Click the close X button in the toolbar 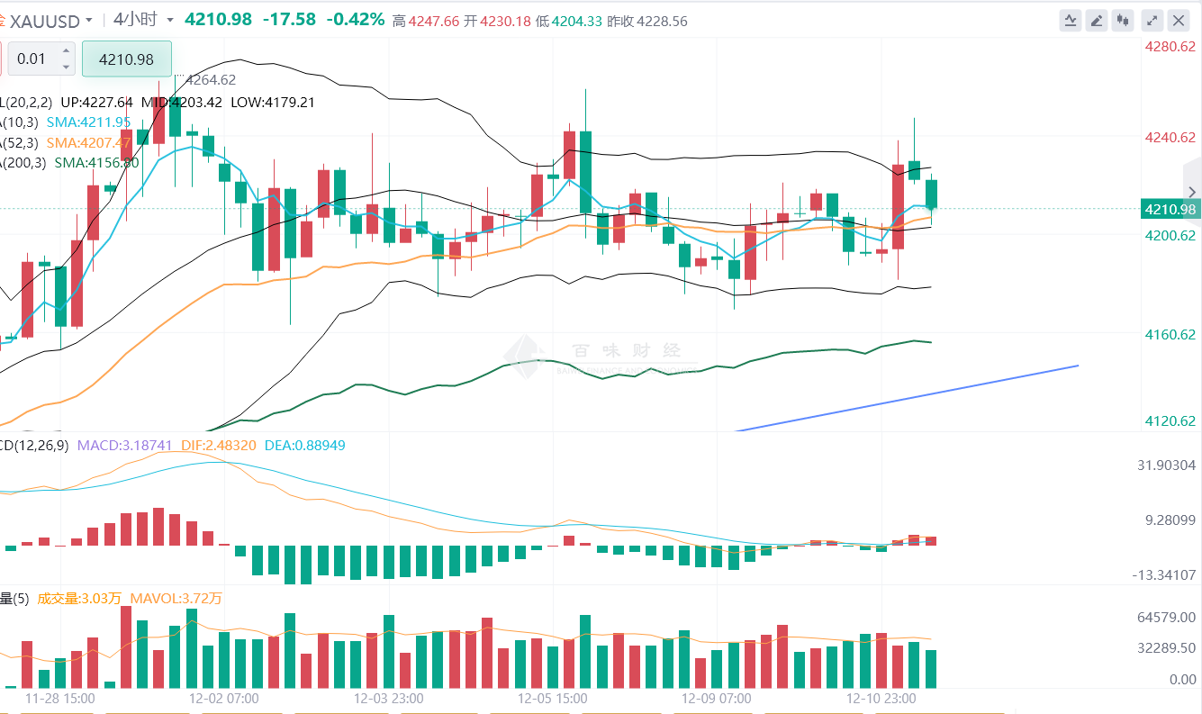point(1179,20)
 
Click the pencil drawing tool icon point(1096,20)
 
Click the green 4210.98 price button point(126,59)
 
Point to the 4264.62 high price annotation point(210,80)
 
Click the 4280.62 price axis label point(1170,46)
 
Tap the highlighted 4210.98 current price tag point(1170,210)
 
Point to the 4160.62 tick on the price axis point(1170,334)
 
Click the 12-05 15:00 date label point(552,698)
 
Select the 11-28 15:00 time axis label point(59,698)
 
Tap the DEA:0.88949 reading point(304,445)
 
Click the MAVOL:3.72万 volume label point(176,598)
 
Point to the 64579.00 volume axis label point(1167,617)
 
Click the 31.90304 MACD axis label point(1166,465)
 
